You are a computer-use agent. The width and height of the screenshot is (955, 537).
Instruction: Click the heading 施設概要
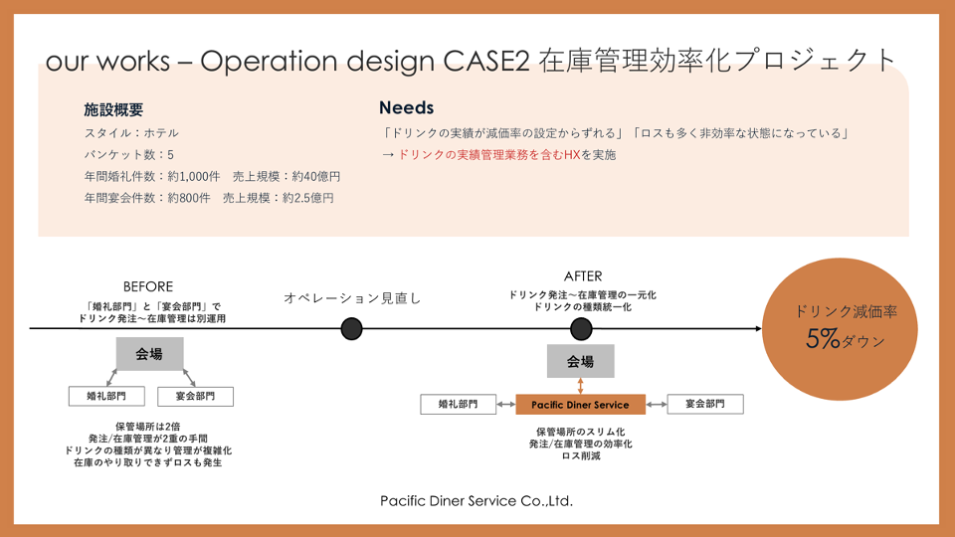[x=113, y=110]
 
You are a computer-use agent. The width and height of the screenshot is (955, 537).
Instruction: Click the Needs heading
[x=406, y=107]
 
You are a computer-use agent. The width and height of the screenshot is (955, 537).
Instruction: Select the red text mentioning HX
[x=489, y=155]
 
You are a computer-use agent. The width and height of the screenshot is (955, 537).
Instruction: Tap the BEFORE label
[x=148, y=286]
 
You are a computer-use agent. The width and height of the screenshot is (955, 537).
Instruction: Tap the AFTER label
[x=583, y=276]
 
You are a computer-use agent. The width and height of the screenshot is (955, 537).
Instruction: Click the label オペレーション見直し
[x=352, y=298]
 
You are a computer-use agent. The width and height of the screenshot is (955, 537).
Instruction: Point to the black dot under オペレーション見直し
[x=351, y=329]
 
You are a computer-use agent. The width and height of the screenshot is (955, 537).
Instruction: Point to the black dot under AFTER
[x=581, y=329]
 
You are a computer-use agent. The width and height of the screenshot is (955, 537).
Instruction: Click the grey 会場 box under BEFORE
[x=150, y=354]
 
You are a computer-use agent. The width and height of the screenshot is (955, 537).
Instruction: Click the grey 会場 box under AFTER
[x=580, y=361]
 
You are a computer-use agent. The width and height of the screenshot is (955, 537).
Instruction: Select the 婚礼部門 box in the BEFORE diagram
[x=106, y=396]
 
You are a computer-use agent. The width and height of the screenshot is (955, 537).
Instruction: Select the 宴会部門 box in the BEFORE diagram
[x=196, y=396]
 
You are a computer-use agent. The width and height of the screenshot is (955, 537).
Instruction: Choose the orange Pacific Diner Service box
[x=580, y=405]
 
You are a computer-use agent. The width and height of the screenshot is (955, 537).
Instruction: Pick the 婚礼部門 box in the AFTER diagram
[x=458, y=404]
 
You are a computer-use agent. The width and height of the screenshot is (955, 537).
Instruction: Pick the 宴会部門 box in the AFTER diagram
[x=705, y=404]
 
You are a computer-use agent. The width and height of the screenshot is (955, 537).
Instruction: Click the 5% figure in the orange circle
[x=823, y=338]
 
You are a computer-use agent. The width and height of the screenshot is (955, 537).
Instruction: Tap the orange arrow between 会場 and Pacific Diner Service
[x=580, y=386]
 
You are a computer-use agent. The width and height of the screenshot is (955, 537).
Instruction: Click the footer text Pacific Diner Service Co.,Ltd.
[x=477, y=501]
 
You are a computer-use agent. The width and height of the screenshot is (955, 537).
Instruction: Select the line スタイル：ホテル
[x=131, y=132]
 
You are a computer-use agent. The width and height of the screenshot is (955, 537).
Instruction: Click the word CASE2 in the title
[x=486, y=61]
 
